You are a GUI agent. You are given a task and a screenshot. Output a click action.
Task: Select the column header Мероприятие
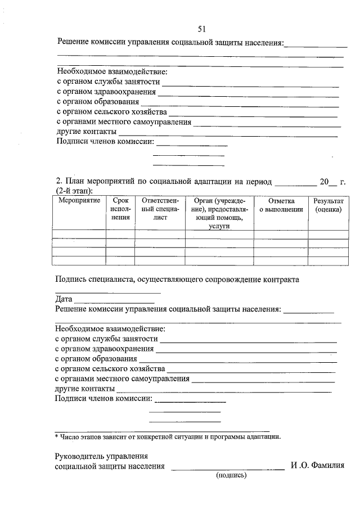[78, 201]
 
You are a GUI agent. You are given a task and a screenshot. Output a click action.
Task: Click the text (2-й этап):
[75, 191]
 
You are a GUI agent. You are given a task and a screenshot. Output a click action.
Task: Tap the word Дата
[64, 299]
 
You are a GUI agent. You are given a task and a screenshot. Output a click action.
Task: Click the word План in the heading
[75, 182]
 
